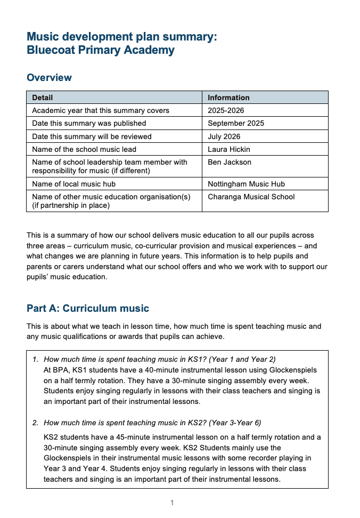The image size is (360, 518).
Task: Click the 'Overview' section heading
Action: [x=49, y=78]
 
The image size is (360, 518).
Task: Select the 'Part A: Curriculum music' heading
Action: [x=88, y=309]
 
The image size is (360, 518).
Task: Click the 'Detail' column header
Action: [x=43, y=98]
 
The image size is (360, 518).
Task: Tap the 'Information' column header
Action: [x=228, y=98]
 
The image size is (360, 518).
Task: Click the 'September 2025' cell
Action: [x=236, y=123]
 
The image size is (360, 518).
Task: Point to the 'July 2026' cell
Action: [x=224, y=136]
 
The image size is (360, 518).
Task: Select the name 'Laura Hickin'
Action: [x=229, y=149]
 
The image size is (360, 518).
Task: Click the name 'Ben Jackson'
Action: [x=230, y=162]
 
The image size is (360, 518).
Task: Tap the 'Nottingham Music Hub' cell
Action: [x=246, y=184]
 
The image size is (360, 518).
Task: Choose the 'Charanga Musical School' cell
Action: [x=251, y=197]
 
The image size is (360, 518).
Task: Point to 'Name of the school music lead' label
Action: [x=84, y=149]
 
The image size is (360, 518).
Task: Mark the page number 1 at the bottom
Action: [x=172, y=503]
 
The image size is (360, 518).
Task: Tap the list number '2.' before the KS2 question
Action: [x=36, y=423]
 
